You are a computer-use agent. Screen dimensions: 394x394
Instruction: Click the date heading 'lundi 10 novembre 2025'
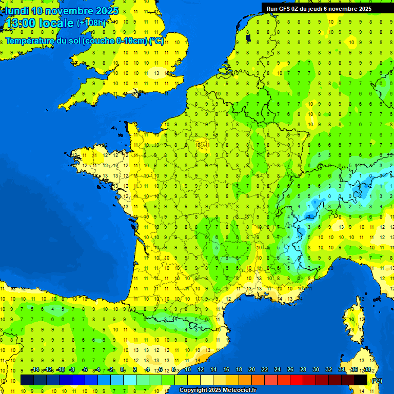[x=62, y=11]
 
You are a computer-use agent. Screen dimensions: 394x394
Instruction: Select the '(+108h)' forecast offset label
[x=91, y=23]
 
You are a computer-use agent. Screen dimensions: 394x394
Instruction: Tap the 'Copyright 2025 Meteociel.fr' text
[x=218, y=390]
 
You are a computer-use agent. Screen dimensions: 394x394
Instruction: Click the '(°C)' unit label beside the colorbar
[x=376, y=380]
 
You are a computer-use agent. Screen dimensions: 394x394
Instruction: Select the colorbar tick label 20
[x=252, y=370]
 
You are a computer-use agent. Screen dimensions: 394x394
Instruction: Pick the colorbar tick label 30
[x=316, y=370]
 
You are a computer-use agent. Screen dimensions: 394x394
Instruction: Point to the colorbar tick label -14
[x=35, y=370]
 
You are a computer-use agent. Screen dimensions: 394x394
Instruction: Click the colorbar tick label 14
[x=213, y=370]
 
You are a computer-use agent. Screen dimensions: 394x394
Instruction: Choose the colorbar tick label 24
[x=278, y=370]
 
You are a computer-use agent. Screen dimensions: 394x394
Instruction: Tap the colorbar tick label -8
[x=73, y=370]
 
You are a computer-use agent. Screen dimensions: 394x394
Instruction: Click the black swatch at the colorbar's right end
[x=361, y=380]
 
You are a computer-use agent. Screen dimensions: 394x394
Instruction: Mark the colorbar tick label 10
[x=188, y=370]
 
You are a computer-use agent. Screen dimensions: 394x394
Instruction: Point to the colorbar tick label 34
[x=342, y=370]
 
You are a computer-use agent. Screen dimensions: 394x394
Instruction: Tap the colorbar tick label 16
[x=226, y=370]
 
